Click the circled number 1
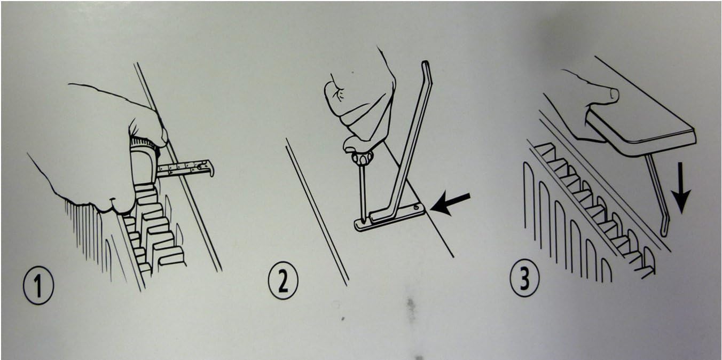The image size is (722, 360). point(38,285)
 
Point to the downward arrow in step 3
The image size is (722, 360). point(680,188)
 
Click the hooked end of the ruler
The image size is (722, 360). point(209,168)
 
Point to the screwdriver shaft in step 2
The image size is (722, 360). point(363,193)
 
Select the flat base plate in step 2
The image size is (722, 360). point(390,217)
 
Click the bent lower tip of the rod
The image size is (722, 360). point(665,225)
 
